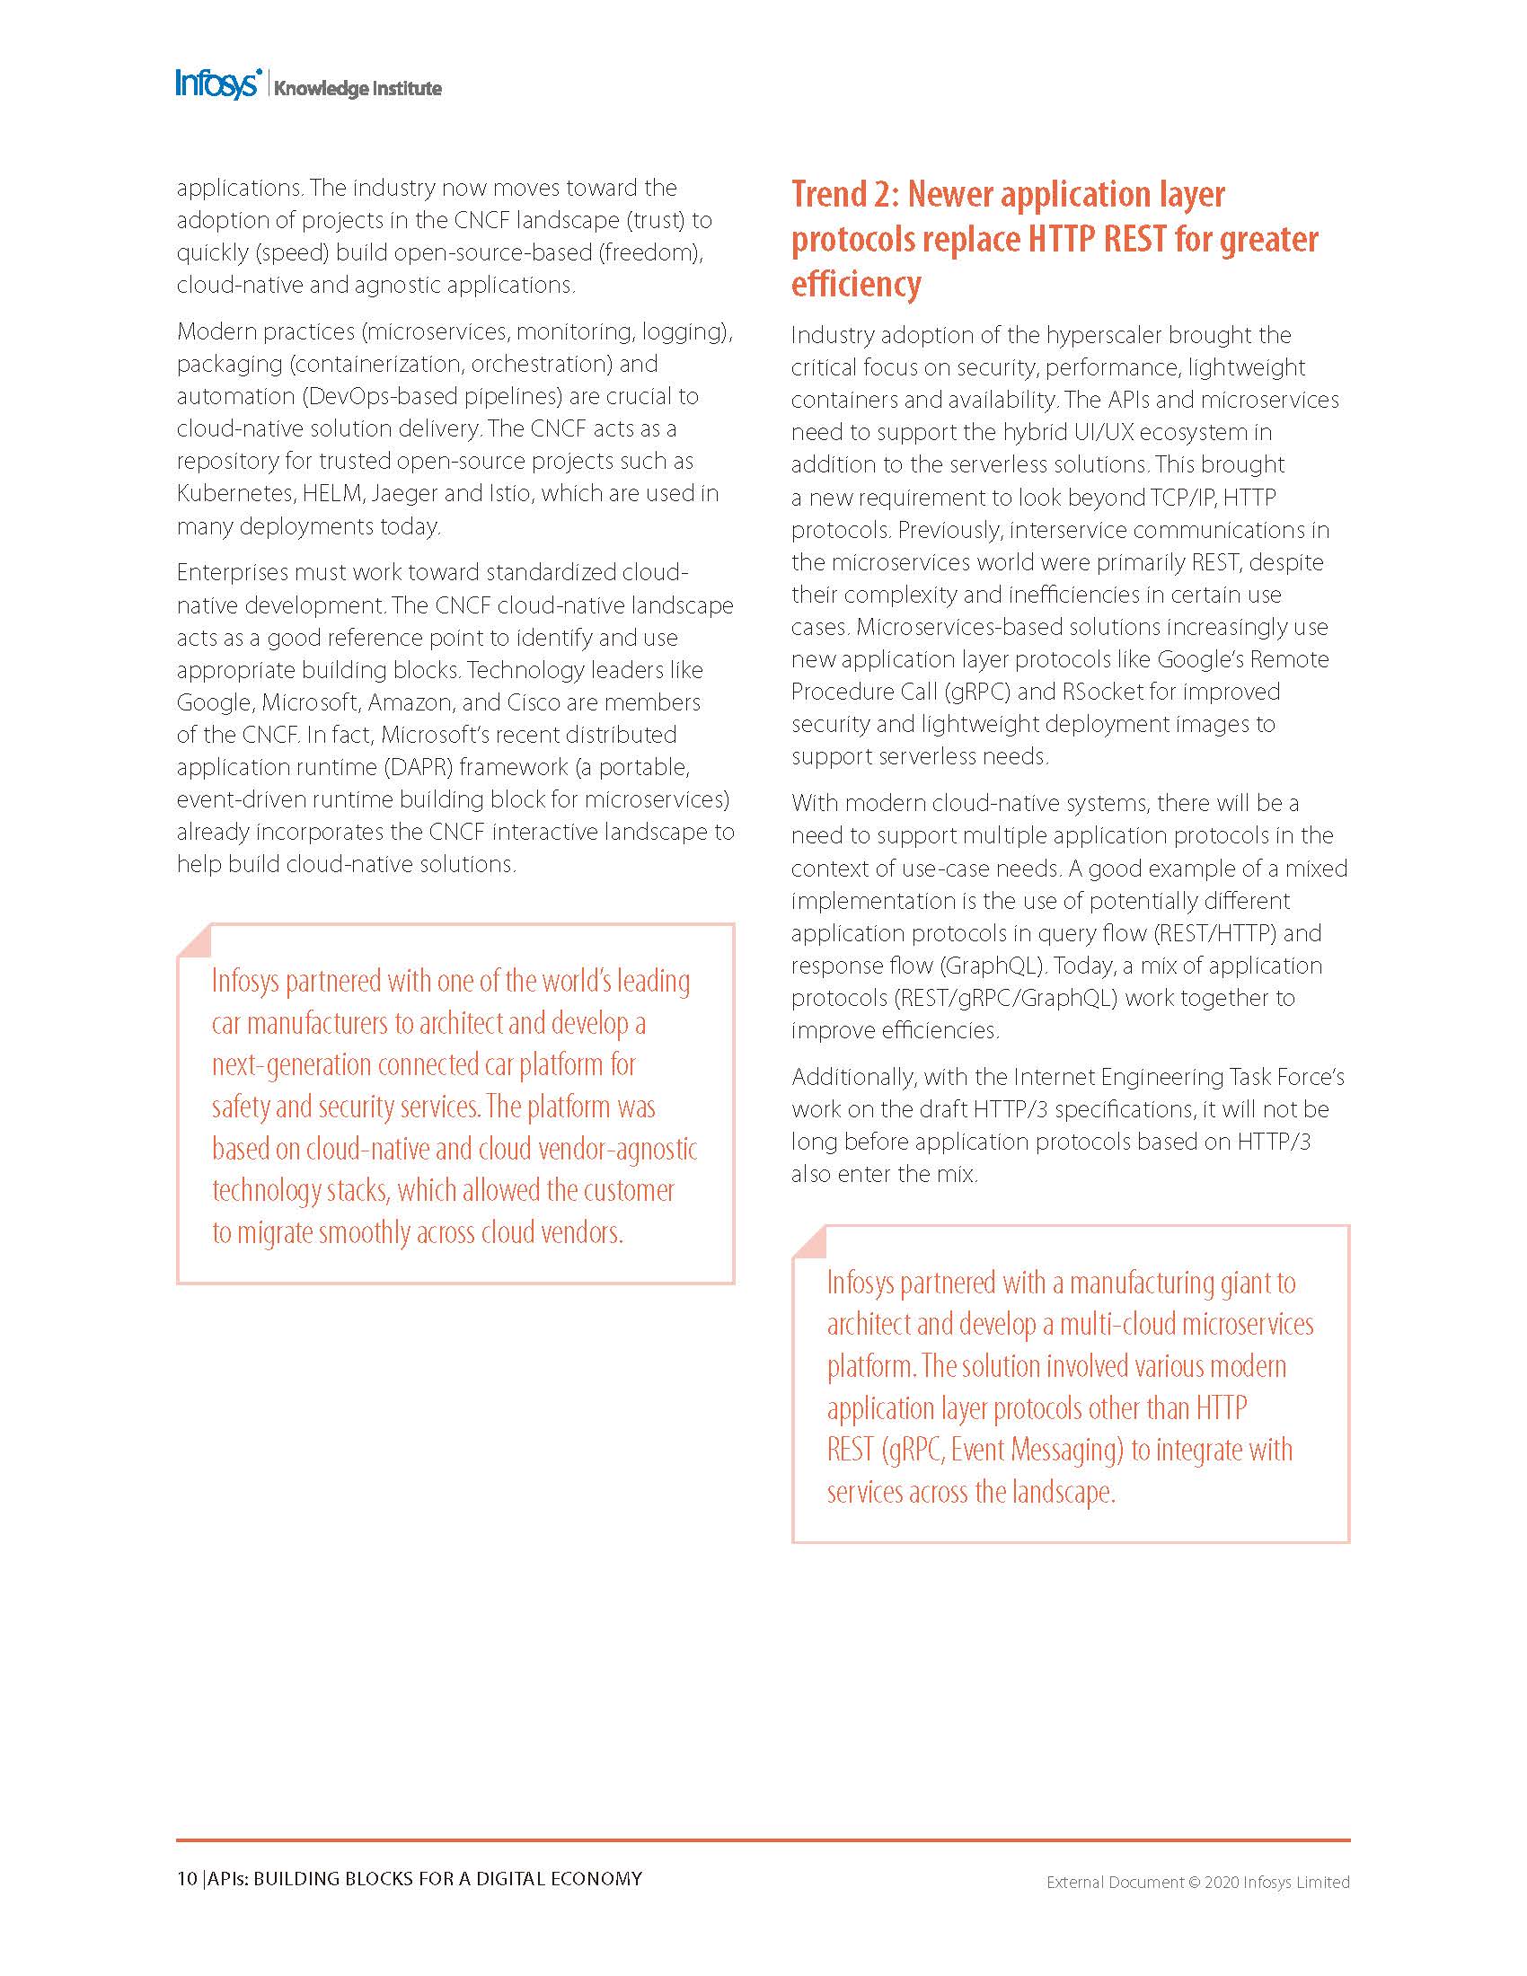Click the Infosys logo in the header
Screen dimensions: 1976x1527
218,84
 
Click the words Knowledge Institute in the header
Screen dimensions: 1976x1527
357,89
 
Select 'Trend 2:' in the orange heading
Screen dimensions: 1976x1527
843,195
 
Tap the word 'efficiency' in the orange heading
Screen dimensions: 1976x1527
856,284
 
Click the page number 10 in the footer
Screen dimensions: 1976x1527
186,1879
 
